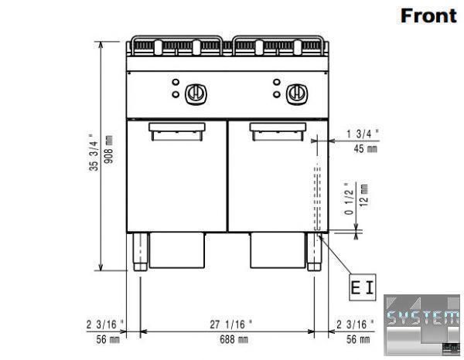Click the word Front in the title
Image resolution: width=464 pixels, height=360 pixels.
pos(428,15)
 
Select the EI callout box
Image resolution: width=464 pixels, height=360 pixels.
pos(363,287)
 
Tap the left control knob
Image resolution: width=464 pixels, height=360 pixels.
pos(196,94)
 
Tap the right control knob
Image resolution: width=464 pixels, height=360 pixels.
pos(297,94)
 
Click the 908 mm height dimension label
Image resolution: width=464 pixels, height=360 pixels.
pos(108,149)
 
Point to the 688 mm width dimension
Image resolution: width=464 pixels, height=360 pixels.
pos(234,340)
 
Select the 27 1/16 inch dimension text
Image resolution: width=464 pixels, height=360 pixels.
pos(231,324)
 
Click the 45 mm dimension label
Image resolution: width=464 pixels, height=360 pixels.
pos(366,148)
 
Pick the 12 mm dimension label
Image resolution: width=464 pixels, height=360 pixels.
pos(363,195)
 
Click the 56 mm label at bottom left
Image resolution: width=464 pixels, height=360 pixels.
pos(108,340)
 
